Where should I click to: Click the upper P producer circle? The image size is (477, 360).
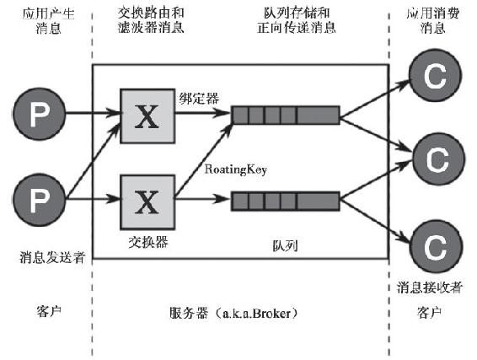[x=40, y=114]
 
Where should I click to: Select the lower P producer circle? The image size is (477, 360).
[x=40, y=200]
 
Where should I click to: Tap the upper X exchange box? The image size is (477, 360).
[x=147, y=116]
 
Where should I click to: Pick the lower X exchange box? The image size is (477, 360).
[x=147, y=202]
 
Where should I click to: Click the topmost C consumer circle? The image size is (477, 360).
[x=436, y=76]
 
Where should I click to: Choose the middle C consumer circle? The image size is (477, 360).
[x=438, y=159]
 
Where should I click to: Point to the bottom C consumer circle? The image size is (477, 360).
[x=437, y=246]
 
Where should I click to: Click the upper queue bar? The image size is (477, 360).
[x=286, y=115]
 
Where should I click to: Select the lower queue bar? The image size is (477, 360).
[x=286, y=201]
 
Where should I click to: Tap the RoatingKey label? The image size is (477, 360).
[x=236, y=169]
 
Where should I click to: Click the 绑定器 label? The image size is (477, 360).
[x=199, y=99]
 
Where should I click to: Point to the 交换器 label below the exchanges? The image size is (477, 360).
[x=148, y=242]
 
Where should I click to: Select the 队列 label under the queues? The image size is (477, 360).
[x=285, y=245]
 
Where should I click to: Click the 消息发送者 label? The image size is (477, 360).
[x=52, y=257]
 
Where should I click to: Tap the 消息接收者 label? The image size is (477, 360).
[x=430, y=287]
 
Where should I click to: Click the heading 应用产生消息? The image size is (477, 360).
[x=48, y=21]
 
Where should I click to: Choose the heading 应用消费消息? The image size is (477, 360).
[x=433, y=21]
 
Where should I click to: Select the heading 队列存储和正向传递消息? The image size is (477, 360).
[x=297, y=20]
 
